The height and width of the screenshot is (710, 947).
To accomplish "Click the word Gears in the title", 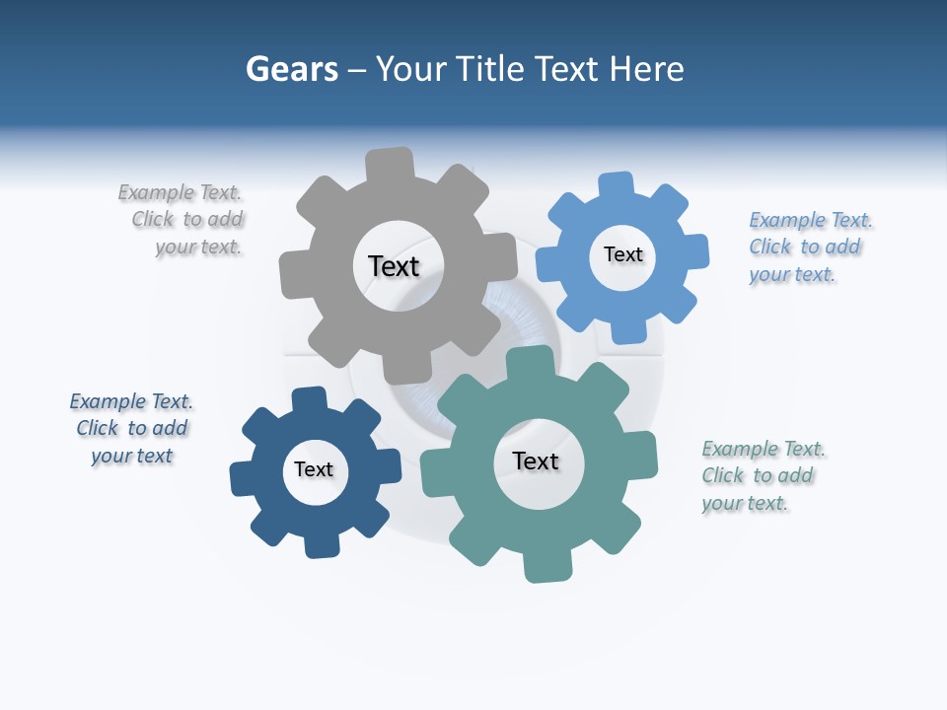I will [x=291, y=69].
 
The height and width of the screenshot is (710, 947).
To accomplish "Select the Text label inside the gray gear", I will [x=394, y=266].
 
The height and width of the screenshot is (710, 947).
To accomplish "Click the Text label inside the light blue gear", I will [x=622, y=254].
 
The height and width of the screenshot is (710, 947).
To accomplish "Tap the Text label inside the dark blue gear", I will [x=314, y=469].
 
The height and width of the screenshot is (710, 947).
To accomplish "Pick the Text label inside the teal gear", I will [x=536, y=461].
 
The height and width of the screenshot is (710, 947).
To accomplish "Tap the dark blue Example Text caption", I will [x=131, y=429].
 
